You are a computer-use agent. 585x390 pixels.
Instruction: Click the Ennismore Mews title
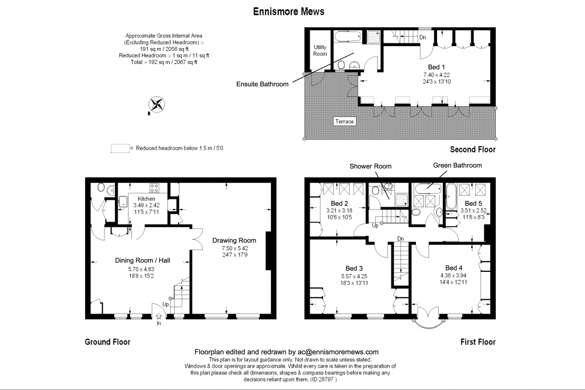[289, 11]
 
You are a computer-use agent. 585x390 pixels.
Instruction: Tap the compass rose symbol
[157, 104]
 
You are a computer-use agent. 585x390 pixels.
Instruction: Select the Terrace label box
[344, 121]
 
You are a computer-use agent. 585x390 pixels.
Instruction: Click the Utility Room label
[320, 50]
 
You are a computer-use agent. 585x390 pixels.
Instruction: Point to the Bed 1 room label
[436, 67]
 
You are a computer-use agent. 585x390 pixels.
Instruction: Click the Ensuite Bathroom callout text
[262, 84]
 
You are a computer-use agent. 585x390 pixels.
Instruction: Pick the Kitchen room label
[146, 199]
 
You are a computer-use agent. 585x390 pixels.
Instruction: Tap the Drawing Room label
[234, 240]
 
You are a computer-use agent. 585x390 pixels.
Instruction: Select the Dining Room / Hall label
[142, 260]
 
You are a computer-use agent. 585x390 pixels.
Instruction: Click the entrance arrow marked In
[159, 316]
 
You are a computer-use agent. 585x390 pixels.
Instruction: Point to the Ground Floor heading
[107, 342]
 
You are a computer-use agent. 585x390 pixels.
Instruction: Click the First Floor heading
[478, 342]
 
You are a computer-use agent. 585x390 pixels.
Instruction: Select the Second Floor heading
[472, 150]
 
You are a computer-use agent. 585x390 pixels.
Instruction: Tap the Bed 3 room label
[354, 268]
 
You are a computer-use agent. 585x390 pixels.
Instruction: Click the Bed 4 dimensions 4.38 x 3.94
[453, 276]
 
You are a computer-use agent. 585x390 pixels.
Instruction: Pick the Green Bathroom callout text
[458, 165]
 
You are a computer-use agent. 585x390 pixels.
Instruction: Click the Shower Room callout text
[370, 166]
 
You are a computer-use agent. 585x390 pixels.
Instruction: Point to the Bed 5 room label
[474, 203]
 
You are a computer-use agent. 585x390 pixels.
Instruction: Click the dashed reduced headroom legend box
[120, 148]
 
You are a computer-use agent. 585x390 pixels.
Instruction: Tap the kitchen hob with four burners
[154, 188]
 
